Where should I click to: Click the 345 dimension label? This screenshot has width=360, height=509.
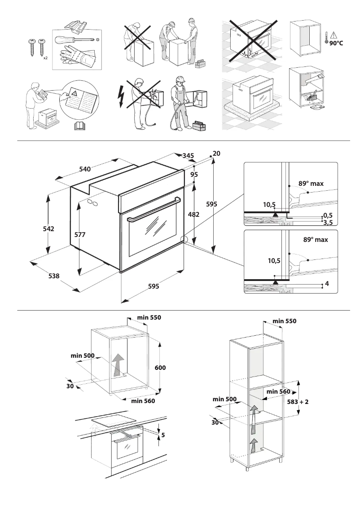coord(188,155)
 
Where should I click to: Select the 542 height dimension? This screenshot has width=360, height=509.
coord(48,228)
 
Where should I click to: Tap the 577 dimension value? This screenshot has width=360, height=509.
coord(80,234)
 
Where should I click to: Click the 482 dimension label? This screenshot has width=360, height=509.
coord(193,215)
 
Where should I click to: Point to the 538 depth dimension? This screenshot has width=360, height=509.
coord(53,276)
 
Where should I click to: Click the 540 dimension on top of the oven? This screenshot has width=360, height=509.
coord(85,169)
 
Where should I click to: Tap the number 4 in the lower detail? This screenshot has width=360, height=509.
coord(327,284)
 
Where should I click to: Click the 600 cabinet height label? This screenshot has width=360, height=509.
coord(160,368)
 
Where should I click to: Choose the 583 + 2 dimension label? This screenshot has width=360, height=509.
coord(298,402)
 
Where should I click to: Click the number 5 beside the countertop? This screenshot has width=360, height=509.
coord(163,434)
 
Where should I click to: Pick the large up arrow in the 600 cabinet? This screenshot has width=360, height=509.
coord(118,364)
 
